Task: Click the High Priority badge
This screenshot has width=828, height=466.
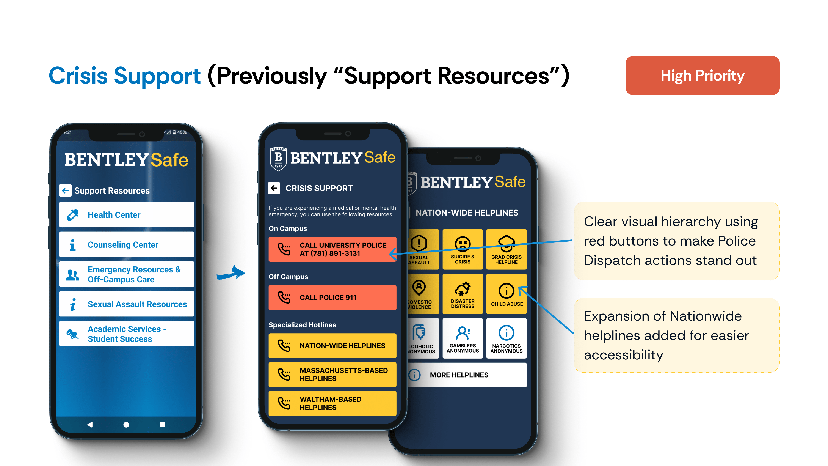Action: click(702, 76)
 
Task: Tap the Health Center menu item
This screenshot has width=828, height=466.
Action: click(126, 215)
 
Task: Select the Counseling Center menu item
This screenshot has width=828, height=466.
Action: click(126, 244)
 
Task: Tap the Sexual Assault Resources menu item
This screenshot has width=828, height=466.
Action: click(126, 304)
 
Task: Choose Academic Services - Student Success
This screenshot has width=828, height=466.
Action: click(126, 334)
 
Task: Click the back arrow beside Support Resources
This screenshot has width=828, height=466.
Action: click(65, 190)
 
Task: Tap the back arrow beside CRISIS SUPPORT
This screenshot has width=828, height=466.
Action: click(274, 188)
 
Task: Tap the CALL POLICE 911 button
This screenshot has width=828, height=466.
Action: click(332, 298)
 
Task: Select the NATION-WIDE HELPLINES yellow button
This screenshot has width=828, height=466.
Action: click(332, 346)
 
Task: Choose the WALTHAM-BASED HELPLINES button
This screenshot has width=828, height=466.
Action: click(332, 403)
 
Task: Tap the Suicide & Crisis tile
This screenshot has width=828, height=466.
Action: click(463, 249)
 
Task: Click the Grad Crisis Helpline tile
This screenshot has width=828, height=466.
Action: click(506, 249)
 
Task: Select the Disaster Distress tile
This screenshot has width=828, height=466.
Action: click(463, 294)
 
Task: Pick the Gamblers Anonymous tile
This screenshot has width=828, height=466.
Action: click(463, 338)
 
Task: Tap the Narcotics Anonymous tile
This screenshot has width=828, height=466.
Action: click(506, 338)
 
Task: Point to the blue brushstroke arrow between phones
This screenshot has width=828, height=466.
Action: click(231, 273)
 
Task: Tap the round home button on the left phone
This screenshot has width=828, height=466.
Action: click(126, 425)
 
